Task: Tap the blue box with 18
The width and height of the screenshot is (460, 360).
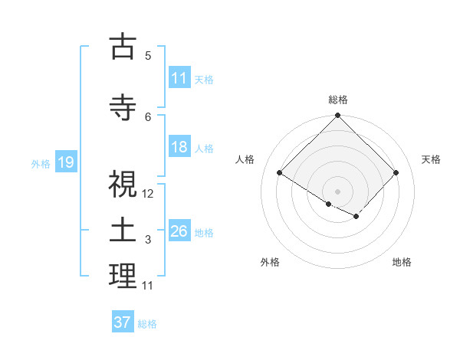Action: tap(179, 148)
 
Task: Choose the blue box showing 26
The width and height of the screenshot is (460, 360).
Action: tap(179, 231)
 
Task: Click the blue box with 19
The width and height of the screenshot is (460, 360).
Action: tap(65, 162)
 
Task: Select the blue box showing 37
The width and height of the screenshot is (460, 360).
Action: tap(123, 322)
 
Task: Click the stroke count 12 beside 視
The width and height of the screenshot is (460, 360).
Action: tap(148, 194)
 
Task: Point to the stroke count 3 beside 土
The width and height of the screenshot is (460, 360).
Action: tap(148, 240)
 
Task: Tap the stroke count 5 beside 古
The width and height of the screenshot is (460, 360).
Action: tap(148, 55)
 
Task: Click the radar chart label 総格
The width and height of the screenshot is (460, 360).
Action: tap(337, 100)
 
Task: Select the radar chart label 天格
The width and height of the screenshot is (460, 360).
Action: tap(431, 159)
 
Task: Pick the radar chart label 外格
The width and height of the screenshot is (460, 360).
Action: tap(270, 262)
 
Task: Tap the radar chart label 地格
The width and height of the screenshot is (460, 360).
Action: tap(402, 262)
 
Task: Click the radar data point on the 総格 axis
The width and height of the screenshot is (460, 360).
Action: tap(337, 116)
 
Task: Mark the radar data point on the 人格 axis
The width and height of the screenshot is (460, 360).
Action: tap(280, 173)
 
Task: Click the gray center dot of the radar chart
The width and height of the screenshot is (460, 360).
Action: tap(337, 191)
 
